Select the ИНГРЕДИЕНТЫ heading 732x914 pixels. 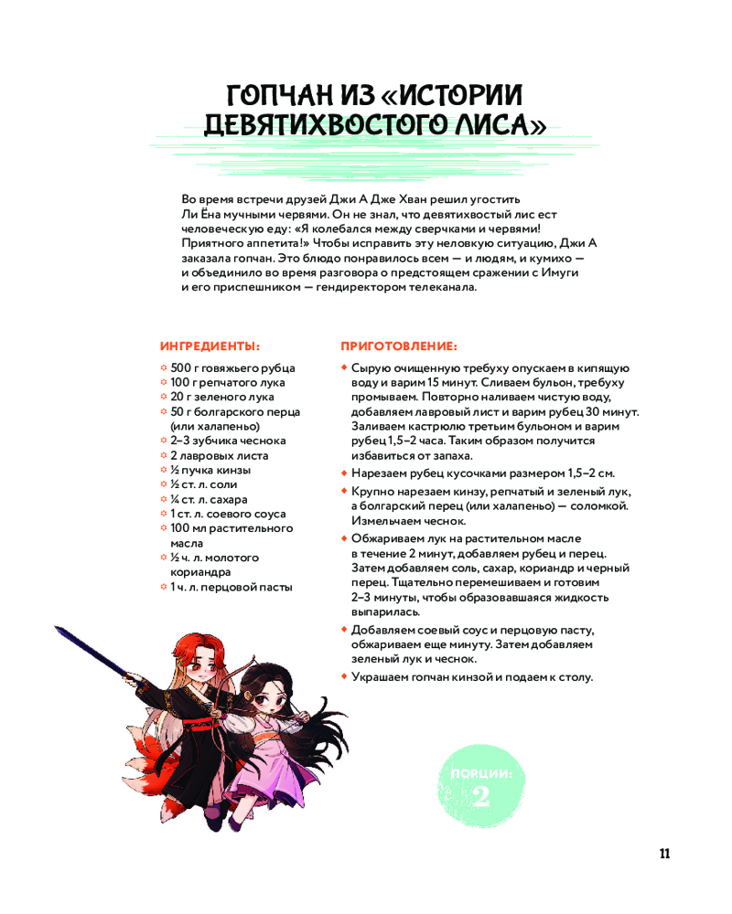pyautogui.click(x=210, y=346)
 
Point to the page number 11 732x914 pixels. pyautogui.click(x=664, y=854)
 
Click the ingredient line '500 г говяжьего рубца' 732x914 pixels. pyautogui.click(x=227, y=367)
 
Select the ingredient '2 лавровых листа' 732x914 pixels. pyautogui.click(x=219, y=455)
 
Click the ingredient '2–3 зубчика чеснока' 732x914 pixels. pyautogui.click(x=228, y=441)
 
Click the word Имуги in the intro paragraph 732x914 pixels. pyautogui.click(x=562, y=272)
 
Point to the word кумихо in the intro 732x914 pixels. pyautogui.click(x=546, y=258)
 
